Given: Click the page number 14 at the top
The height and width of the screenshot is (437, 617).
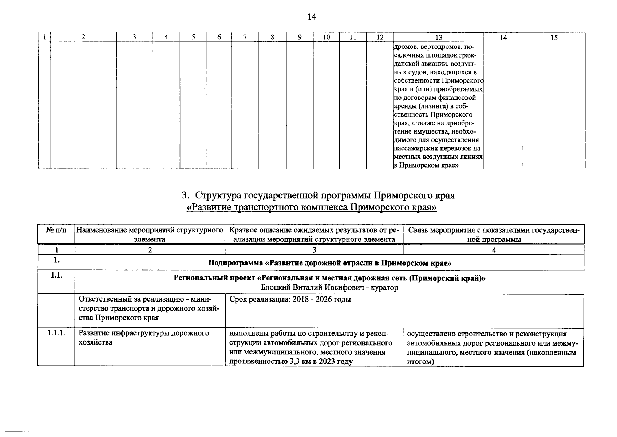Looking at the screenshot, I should (x=312, y=17).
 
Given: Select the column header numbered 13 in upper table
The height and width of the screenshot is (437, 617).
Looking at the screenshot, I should (x=439, y=37).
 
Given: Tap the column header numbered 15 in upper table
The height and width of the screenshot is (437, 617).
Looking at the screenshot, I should (x=554, y=37).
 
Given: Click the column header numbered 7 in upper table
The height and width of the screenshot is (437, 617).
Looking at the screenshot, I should (x=245, y=37).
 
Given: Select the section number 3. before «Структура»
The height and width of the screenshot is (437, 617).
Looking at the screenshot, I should (x=185, y=196).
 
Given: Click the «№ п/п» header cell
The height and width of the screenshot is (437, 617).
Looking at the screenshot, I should (x=56, y=230).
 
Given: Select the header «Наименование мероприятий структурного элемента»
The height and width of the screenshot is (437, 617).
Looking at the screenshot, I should (x=150, y=235).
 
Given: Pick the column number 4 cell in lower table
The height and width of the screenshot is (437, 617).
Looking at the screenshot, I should (x=494, y=250).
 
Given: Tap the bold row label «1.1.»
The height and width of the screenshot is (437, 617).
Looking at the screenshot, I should (x=56, y=276).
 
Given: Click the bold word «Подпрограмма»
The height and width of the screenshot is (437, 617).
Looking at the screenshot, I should (x=232, y=263).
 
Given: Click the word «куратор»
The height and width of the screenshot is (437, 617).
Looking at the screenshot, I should (x=385, y=287).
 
